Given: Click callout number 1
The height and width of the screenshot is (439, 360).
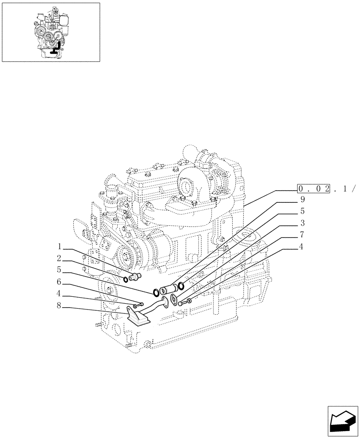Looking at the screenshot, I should [59, 246].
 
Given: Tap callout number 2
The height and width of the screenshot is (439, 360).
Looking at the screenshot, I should [59, 258].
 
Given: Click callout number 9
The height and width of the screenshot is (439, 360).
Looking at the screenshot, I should [302, 199].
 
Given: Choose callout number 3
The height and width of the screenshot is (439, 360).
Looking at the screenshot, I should [302, 223].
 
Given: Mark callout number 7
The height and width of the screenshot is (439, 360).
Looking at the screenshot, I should [302, 235].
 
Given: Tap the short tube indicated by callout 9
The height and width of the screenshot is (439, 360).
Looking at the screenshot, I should [170, 288].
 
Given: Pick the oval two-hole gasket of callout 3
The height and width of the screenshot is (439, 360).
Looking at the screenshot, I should [174, 301].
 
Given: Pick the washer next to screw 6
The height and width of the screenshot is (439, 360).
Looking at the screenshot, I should [135, 306].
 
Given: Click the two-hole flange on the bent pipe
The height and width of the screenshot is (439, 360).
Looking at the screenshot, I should [163, 303].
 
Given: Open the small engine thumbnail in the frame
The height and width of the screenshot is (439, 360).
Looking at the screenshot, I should [51, 32].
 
